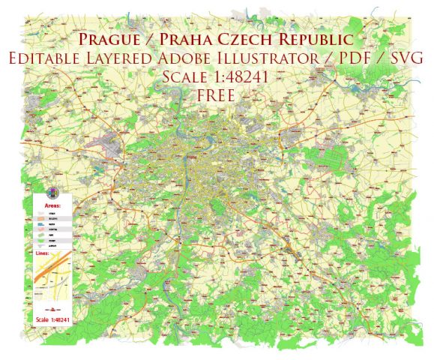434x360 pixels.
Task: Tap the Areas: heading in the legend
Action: (52, 203)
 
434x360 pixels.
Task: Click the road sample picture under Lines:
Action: (52, 281)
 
